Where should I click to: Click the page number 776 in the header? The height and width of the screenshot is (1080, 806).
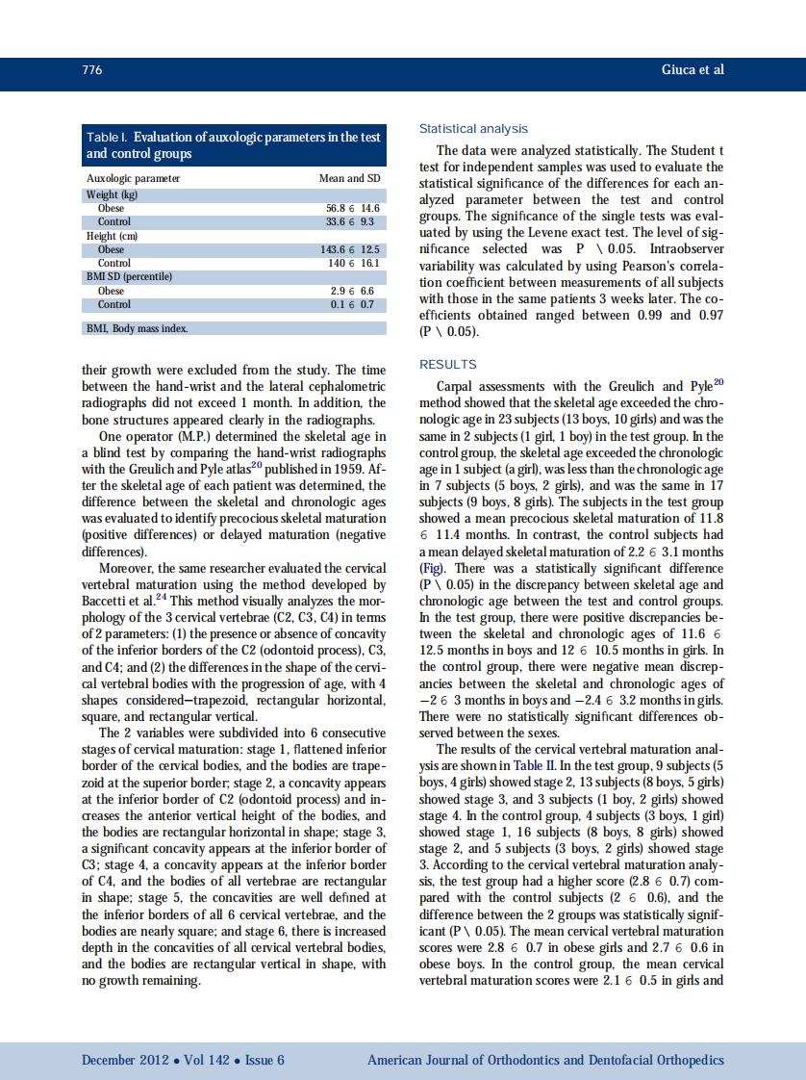pyautogui.click(x=92, y=70)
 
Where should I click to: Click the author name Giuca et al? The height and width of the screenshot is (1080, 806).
pyautogui.click(x=693, y=70)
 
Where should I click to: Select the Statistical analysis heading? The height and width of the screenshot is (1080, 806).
pyautogui.click(x=473, y=129)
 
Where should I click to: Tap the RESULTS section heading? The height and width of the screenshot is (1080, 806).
pyautogui.click(x=448, y=365)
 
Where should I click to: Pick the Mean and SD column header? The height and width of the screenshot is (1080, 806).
pyautogui.click(x=349, y=179)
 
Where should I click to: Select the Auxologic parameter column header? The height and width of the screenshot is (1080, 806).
pyautogui.click(x=133, y=179)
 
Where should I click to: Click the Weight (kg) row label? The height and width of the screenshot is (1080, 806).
pyautogui.click(x=113, y=194)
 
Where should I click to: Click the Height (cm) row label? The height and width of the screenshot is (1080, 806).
pyautogui.click(x=113, y=236)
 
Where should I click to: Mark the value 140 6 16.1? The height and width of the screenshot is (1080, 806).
pyautogui.click(x=354, y=263)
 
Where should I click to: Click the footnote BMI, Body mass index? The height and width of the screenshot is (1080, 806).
pyautogui.click(x=138, y=328)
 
